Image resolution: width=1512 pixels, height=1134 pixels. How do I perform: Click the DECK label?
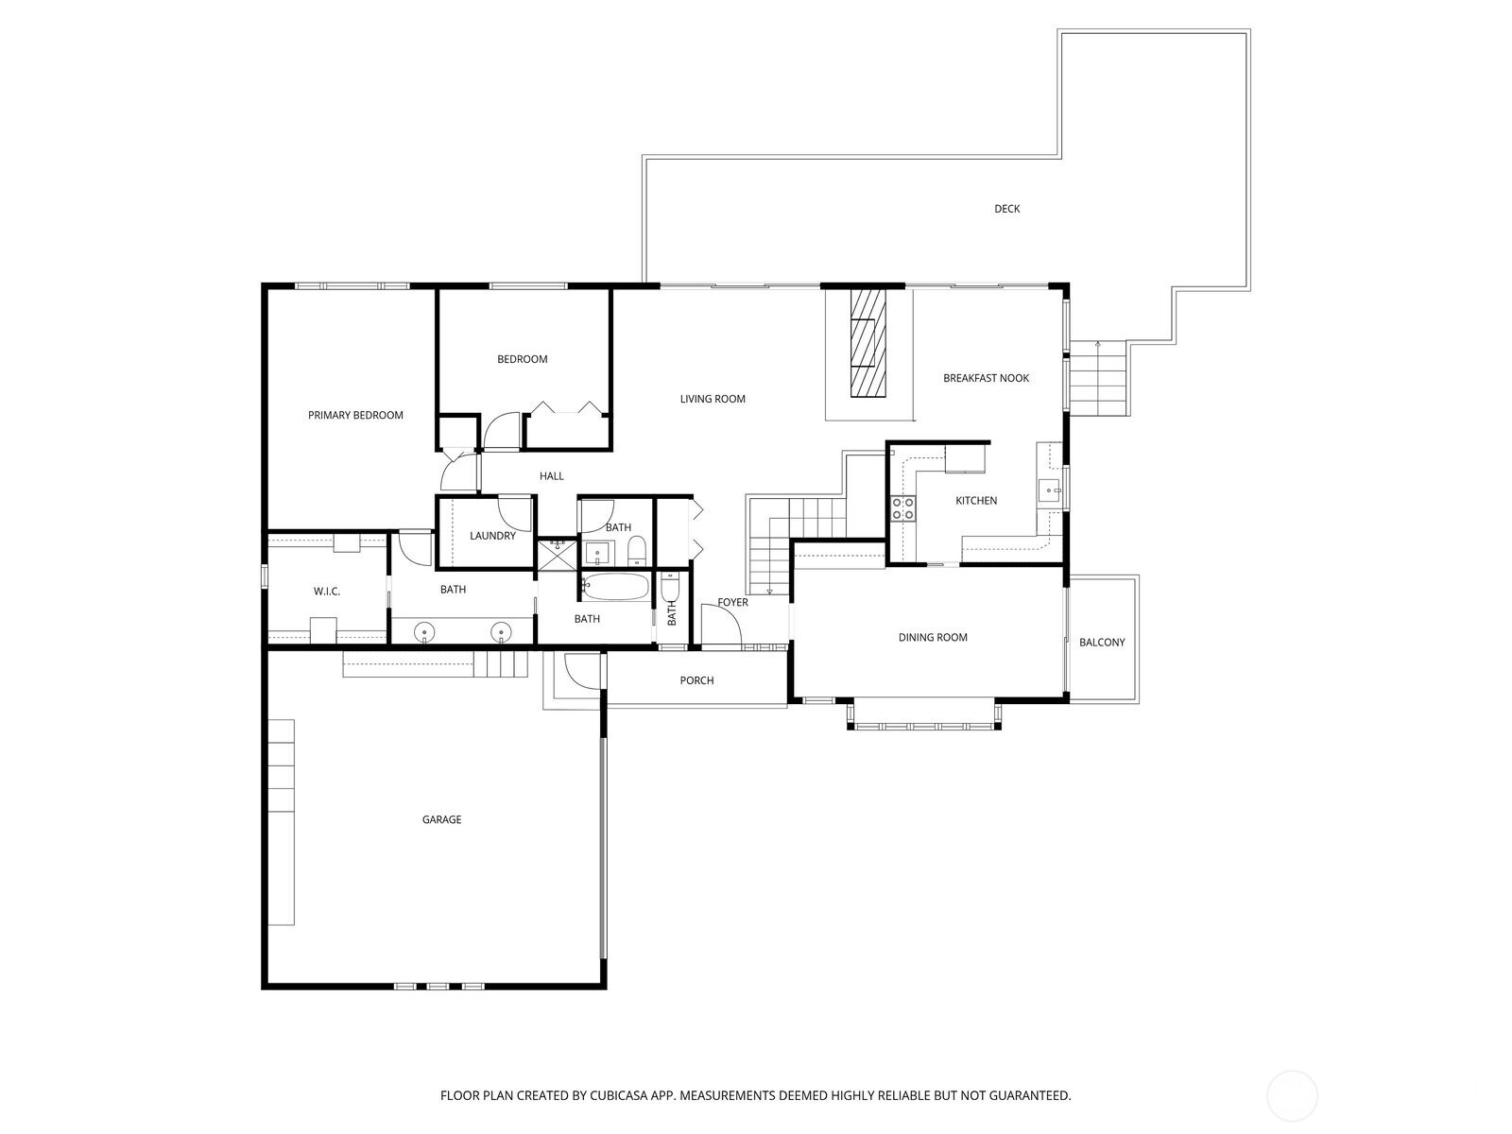coord(1006,209)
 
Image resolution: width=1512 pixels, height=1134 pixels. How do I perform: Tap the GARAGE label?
coord(441,819)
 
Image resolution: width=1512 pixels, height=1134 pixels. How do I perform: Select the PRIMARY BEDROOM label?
coord(355,415)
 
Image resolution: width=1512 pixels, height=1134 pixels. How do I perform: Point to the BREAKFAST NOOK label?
coord(986,378)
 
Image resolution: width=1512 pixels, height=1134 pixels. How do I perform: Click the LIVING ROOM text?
coord(713,399)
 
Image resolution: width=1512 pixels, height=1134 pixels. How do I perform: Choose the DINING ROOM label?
coord(933,638)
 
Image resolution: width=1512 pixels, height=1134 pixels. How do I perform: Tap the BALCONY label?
coord(1102,643)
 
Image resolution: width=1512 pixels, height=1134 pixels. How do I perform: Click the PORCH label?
coord(696,680)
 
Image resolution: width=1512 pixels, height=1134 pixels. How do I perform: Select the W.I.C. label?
coord(327,592)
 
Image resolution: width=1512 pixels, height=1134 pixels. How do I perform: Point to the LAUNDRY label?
coord(492,536)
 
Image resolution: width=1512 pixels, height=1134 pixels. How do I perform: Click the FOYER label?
coord(732,603)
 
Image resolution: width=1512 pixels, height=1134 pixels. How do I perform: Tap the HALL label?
coord(551,475)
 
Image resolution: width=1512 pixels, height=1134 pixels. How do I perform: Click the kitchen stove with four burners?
coord(903,508)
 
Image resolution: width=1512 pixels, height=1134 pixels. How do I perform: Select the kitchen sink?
coord(1050,490)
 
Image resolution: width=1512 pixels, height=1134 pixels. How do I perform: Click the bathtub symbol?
coord(615,587)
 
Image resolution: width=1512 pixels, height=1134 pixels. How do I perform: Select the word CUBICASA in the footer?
coord(619,1095)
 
